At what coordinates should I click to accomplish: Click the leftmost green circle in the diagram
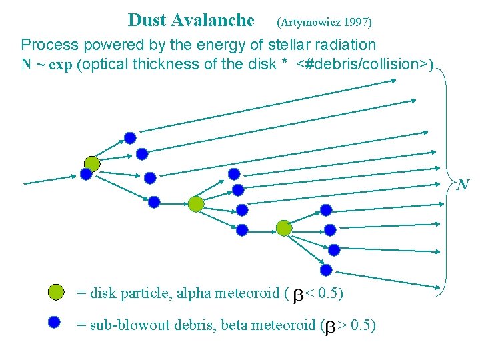(92, 163)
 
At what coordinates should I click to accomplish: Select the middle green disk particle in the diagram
(195, 204)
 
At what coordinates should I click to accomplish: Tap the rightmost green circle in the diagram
(284, 228)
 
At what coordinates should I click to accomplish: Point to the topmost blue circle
(130, 138)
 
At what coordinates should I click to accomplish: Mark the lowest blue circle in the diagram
(326, 270)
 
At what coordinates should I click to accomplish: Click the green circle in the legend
(56, 292)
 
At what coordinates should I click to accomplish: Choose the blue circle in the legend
(55, 321)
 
